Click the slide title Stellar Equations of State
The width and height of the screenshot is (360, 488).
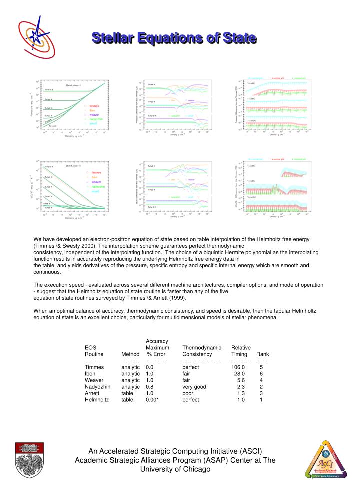174,38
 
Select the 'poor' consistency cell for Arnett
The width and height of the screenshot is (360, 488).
188,393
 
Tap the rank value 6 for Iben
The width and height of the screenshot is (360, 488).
261,374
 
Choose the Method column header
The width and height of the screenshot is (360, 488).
130,354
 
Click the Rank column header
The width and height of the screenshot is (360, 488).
262,354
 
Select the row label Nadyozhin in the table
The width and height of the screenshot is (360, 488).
98,387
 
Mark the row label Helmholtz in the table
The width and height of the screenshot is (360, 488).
97,400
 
